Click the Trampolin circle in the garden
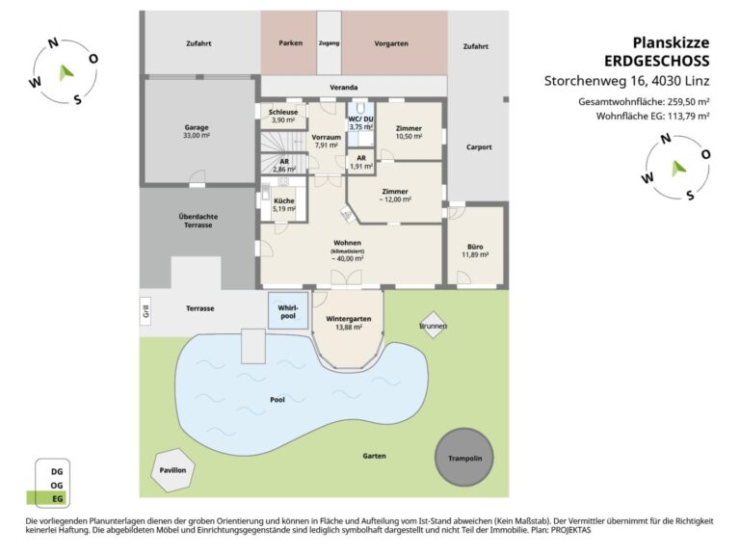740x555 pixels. (x=464, y=458)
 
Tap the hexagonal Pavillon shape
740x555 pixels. (x=172, y=470)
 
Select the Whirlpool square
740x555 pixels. (x=288, y=310)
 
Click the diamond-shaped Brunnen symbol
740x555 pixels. (x=433, y=325)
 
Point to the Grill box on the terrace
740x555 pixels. (x=146, y=311)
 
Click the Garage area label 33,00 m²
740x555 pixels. (x=197, y=136)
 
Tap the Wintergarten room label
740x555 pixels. (x=348, y=319)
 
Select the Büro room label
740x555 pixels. (x=475, y=247)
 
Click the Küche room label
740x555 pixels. (x=284, y=200)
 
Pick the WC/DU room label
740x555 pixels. (x=361, y=119)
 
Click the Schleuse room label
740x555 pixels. (x=283, y=112)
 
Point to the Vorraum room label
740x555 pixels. (x=326, y=137)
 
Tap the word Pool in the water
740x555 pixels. (x=277, y=400)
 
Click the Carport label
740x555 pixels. (x=479, y=147)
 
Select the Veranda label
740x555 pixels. (x=344, y=88)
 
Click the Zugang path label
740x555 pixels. (x=329, y=43)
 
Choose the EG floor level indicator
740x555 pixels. (x=47, y=498)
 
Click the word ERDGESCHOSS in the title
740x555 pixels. (x=657, y=61)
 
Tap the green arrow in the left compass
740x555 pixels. (x=66, y=72)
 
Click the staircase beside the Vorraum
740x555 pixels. (x=283, y=142)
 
